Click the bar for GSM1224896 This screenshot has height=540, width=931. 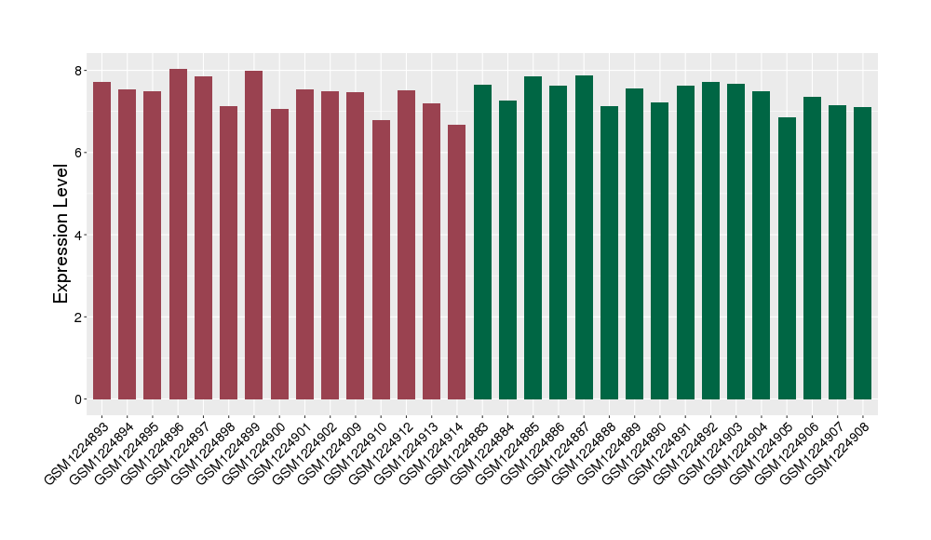(178, 234)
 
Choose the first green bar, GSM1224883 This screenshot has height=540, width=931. (482, 242)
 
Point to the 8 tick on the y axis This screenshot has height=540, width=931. (79, 71)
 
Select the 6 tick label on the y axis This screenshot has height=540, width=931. (79, 153)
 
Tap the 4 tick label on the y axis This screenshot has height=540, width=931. (79, 235)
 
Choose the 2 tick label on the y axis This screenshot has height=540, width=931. (79, 317)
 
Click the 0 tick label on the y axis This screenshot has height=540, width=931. (79, 399)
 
